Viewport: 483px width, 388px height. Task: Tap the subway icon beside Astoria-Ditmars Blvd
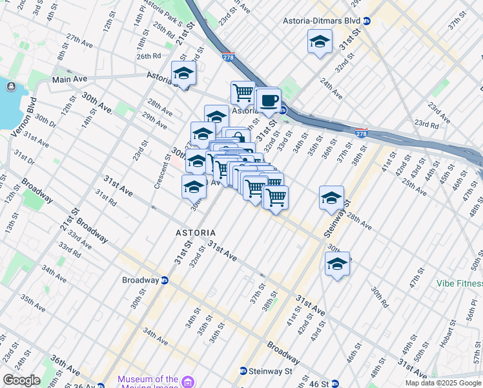coord(367,21)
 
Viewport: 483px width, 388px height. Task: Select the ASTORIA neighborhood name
coord(196,232)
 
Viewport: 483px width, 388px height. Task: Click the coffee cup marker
coord(268,101)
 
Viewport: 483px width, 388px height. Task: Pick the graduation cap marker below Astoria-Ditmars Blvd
coord(319,43)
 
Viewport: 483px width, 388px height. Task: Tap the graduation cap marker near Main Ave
coord(184,74)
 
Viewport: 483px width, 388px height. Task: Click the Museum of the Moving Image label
coord(148,379)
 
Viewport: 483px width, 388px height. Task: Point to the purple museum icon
coord(188,380)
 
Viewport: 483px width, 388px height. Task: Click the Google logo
coord(21,380)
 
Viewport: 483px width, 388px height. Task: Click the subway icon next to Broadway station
coord(165,281)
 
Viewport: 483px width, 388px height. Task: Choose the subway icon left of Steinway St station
coord(243,371)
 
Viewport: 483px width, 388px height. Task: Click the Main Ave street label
coord(70,80)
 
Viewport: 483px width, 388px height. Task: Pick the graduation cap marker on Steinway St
coord(331,198)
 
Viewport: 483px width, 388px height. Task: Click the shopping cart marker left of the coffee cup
coord(243,92)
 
